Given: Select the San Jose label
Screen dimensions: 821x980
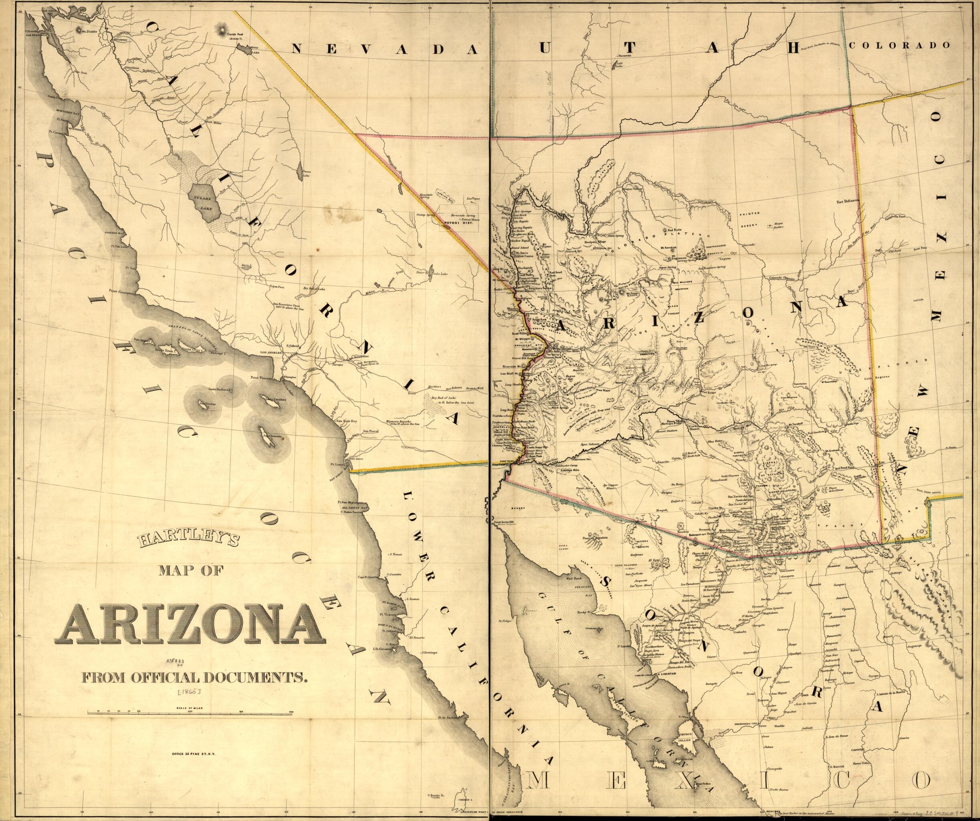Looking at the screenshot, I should tap(81, 73).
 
